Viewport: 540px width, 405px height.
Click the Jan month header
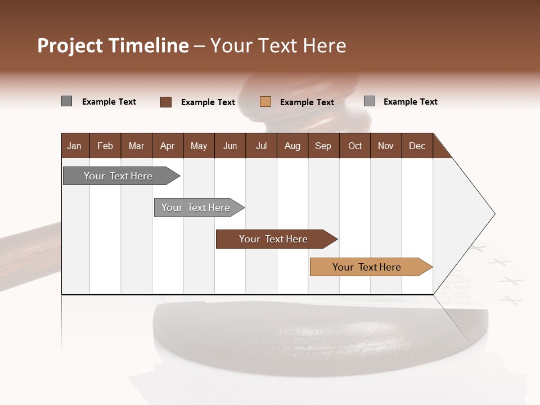(75, 146)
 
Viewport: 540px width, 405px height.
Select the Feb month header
(105, 146)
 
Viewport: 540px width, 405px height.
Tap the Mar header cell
(136, 146)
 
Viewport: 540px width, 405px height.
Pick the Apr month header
(168, 146)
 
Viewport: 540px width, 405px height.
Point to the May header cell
(199, 146)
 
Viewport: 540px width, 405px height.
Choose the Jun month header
(230, 146)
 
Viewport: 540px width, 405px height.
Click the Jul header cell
(261, 146)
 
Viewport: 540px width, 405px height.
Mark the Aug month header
(292, 146)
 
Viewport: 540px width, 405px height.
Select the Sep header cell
(323, 146)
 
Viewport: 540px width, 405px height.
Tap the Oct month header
(355, 146)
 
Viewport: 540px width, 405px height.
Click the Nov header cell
(386, 146)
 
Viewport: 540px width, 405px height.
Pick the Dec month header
(417, 146)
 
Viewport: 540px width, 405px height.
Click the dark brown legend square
(166, 102)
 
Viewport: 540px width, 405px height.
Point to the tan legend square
(265, 102)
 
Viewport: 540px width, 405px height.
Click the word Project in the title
(70, 46)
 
